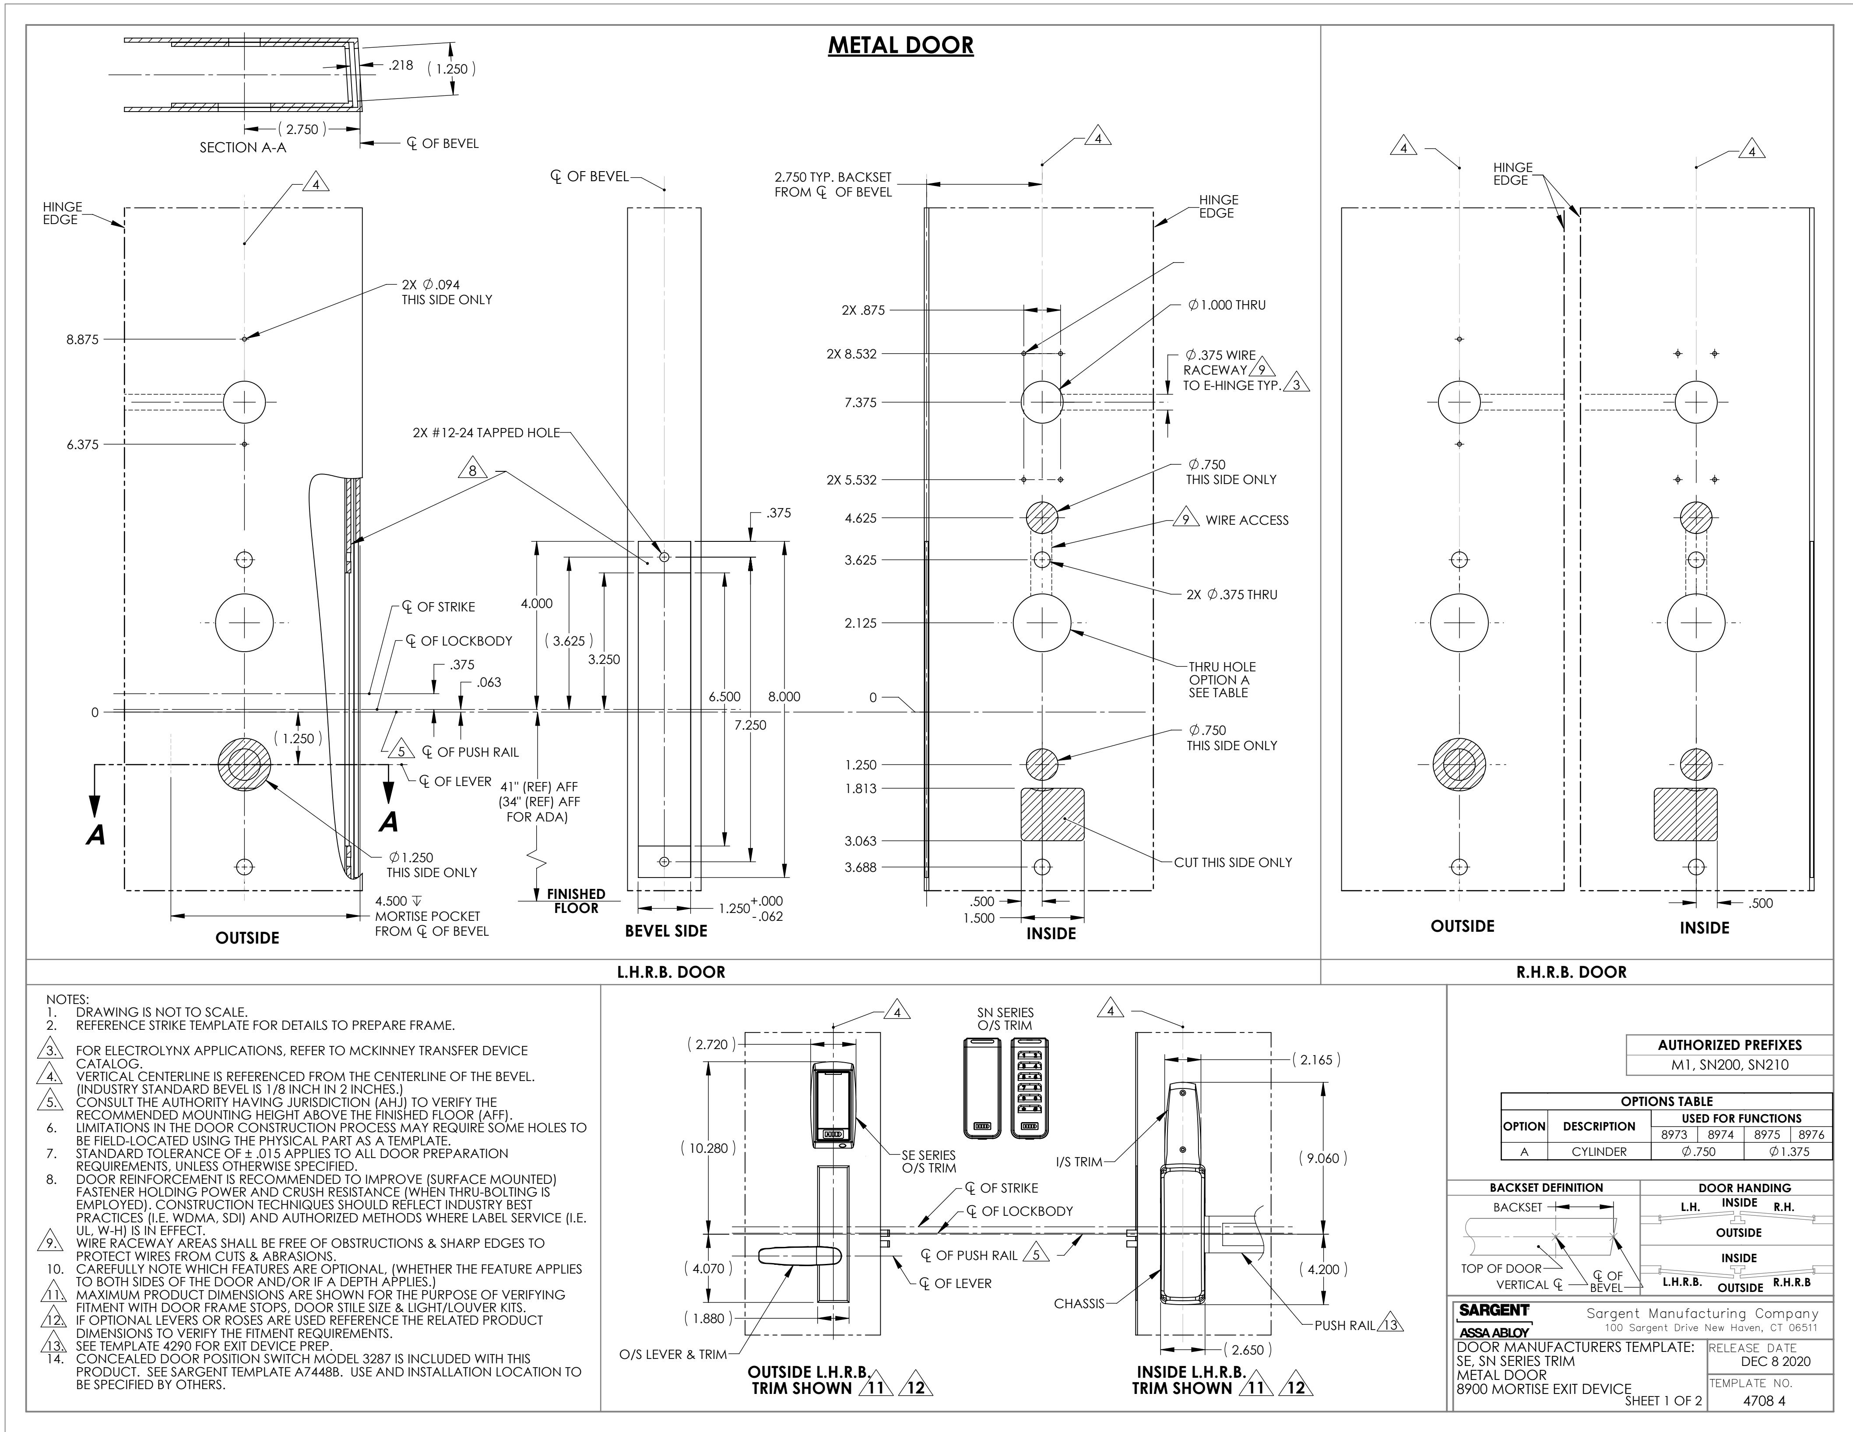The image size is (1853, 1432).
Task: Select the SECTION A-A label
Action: [243, 147]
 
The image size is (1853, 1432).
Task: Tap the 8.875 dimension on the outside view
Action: [82, 339]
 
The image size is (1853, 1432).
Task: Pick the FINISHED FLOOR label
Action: [576, 901]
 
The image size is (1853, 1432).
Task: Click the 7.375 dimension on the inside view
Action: [860, 402]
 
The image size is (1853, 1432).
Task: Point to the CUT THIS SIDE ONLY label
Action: [1233, 862]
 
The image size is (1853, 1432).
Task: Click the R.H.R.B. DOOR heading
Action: [1572, 972]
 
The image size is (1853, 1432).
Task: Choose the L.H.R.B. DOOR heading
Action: [671, 972]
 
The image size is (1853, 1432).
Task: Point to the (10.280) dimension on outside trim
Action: [707, 1148]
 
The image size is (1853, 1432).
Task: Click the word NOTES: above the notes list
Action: [67, 1000]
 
